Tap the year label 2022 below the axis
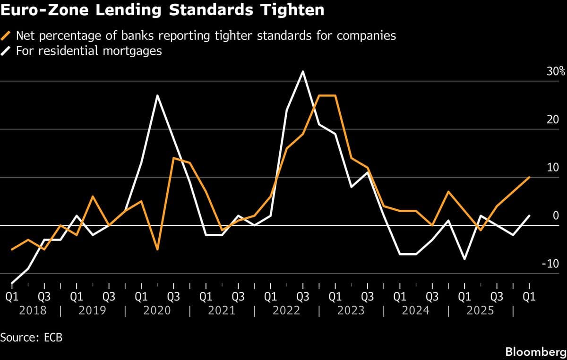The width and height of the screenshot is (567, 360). (x=286, y=310)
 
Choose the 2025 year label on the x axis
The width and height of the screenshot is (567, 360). (x=480, y=310)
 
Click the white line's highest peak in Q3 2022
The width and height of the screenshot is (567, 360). (x=303, y=71)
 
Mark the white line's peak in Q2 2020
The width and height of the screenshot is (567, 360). (x=157, y=95)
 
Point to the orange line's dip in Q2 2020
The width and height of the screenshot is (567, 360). (x=157, y=249)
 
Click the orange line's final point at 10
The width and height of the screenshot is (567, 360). (x=529, y=177)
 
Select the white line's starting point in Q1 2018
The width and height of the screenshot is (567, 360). (x=12, y=283)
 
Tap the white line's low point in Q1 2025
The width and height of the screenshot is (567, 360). (x=464, y=259)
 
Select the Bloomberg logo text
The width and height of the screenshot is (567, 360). (x=535, y=351)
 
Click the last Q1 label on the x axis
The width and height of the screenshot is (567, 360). (x=529, y=297)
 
